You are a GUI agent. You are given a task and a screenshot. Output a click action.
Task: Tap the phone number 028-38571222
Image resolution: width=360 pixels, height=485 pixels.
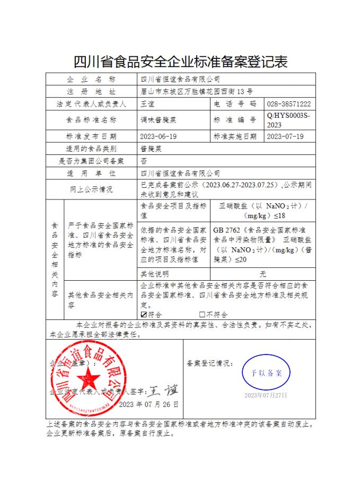(288, 104)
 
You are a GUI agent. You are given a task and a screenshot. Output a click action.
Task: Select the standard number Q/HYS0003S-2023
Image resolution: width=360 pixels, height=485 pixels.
(288, 120)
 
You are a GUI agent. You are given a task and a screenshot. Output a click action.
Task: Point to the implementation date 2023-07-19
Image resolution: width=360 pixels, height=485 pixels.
(285, 136)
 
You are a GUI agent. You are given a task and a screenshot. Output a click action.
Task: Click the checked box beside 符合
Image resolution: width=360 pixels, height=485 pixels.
(144, 315)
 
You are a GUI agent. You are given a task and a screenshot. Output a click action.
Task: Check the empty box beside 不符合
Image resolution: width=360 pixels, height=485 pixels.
(202, 315)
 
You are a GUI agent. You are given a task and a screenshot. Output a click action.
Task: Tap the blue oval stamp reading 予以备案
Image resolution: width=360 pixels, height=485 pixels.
(266, 372)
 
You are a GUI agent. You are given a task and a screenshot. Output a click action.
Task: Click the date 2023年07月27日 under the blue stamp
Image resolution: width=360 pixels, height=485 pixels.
(266, 395)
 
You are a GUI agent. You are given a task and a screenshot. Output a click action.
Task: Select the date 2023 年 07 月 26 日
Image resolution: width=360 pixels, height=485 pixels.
(149, 404)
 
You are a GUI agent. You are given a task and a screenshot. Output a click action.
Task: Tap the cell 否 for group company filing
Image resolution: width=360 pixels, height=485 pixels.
(143, 161)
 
